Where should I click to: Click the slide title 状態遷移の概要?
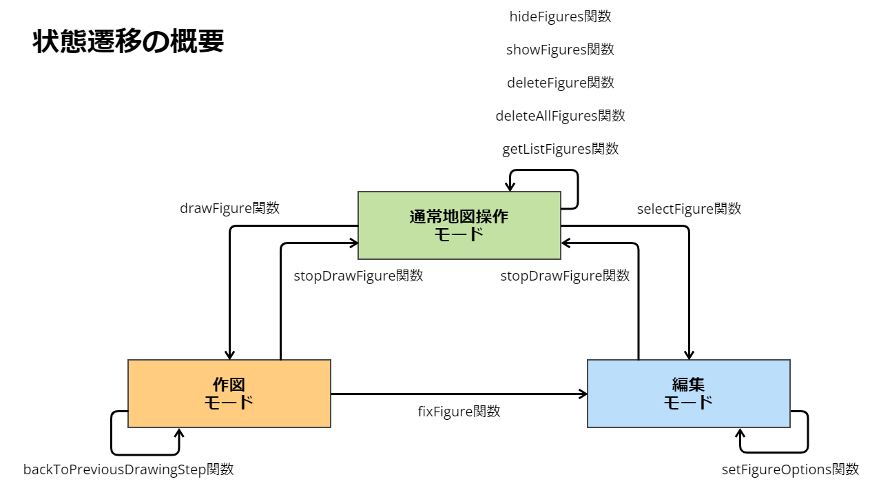[x=128, y=42]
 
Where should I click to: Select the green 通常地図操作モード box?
[x=459, y=225]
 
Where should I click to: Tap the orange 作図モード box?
[x=229, y=394]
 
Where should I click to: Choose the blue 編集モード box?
[x=688, y=394]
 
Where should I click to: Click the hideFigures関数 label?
[x=560, y=17]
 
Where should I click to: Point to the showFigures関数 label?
[x=560, y=50]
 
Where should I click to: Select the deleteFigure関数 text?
[x=560, y=83]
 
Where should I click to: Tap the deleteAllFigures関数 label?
[x=560, y=116]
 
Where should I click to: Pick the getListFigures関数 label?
[x=560, y=149]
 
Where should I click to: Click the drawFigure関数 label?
[x=229, y=208]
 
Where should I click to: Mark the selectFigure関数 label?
[x=689, y=209]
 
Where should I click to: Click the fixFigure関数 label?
[x=459, y=412]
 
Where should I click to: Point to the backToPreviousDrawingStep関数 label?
[x=129, y=469]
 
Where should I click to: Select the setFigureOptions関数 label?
[x=790, y=469]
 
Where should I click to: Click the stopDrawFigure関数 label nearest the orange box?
[x=358, y=276]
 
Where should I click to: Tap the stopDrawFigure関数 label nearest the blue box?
[x=565, y=276]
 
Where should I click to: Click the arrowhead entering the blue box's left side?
[x=583, y=394]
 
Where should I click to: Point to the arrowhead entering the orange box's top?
[x=229, y=355]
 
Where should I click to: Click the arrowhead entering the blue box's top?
[x=689, y=355]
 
